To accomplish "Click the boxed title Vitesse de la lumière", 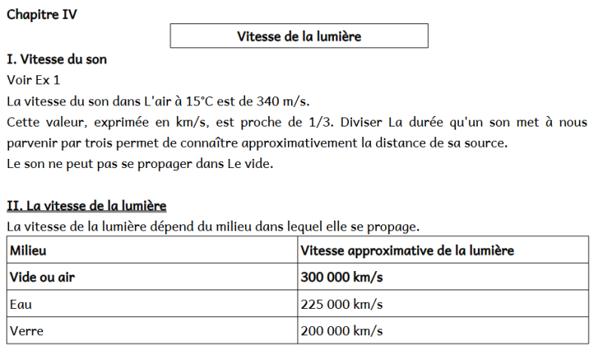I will (x=299, y=36).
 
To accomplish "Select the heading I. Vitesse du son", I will (x=57, y=59).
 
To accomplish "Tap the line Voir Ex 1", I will (x=32, y=79).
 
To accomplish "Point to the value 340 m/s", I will (x=283, y=101).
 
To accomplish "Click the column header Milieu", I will (x=28, y=250).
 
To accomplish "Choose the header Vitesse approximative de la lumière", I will (x=407, y=250).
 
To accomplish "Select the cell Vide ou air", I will (x=42, y=277).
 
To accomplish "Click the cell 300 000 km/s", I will (x=341, y=277).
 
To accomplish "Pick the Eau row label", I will (x=21, y=304).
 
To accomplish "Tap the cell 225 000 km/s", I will (x=341, y=304).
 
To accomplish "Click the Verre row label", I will (x=26, y=331).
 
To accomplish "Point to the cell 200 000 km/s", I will (x=341, y=331).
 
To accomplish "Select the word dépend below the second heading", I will (x=187, y=226).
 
